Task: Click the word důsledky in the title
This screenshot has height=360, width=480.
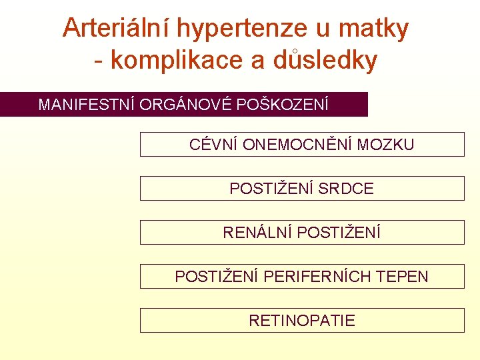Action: click(x=325, y=60)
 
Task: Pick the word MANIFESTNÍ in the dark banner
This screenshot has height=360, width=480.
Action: click(x=87, y=105)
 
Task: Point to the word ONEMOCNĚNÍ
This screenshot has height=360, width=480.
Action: click(x=298, y=145)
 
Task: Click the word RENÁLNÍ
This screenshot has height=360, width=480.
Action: click(x=257, y=233)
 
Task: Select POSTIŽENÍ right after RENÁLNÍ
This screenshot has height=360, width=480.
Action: click(x=339, y=233)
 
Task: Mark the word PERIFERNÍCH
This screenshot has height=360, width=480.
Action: click(x=317, y=277)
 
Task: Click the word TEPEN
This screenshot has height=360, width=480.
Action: click(x=403, y=277)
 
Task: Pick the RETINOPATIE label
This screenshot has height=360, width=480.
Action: click(x=302, y=321)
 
